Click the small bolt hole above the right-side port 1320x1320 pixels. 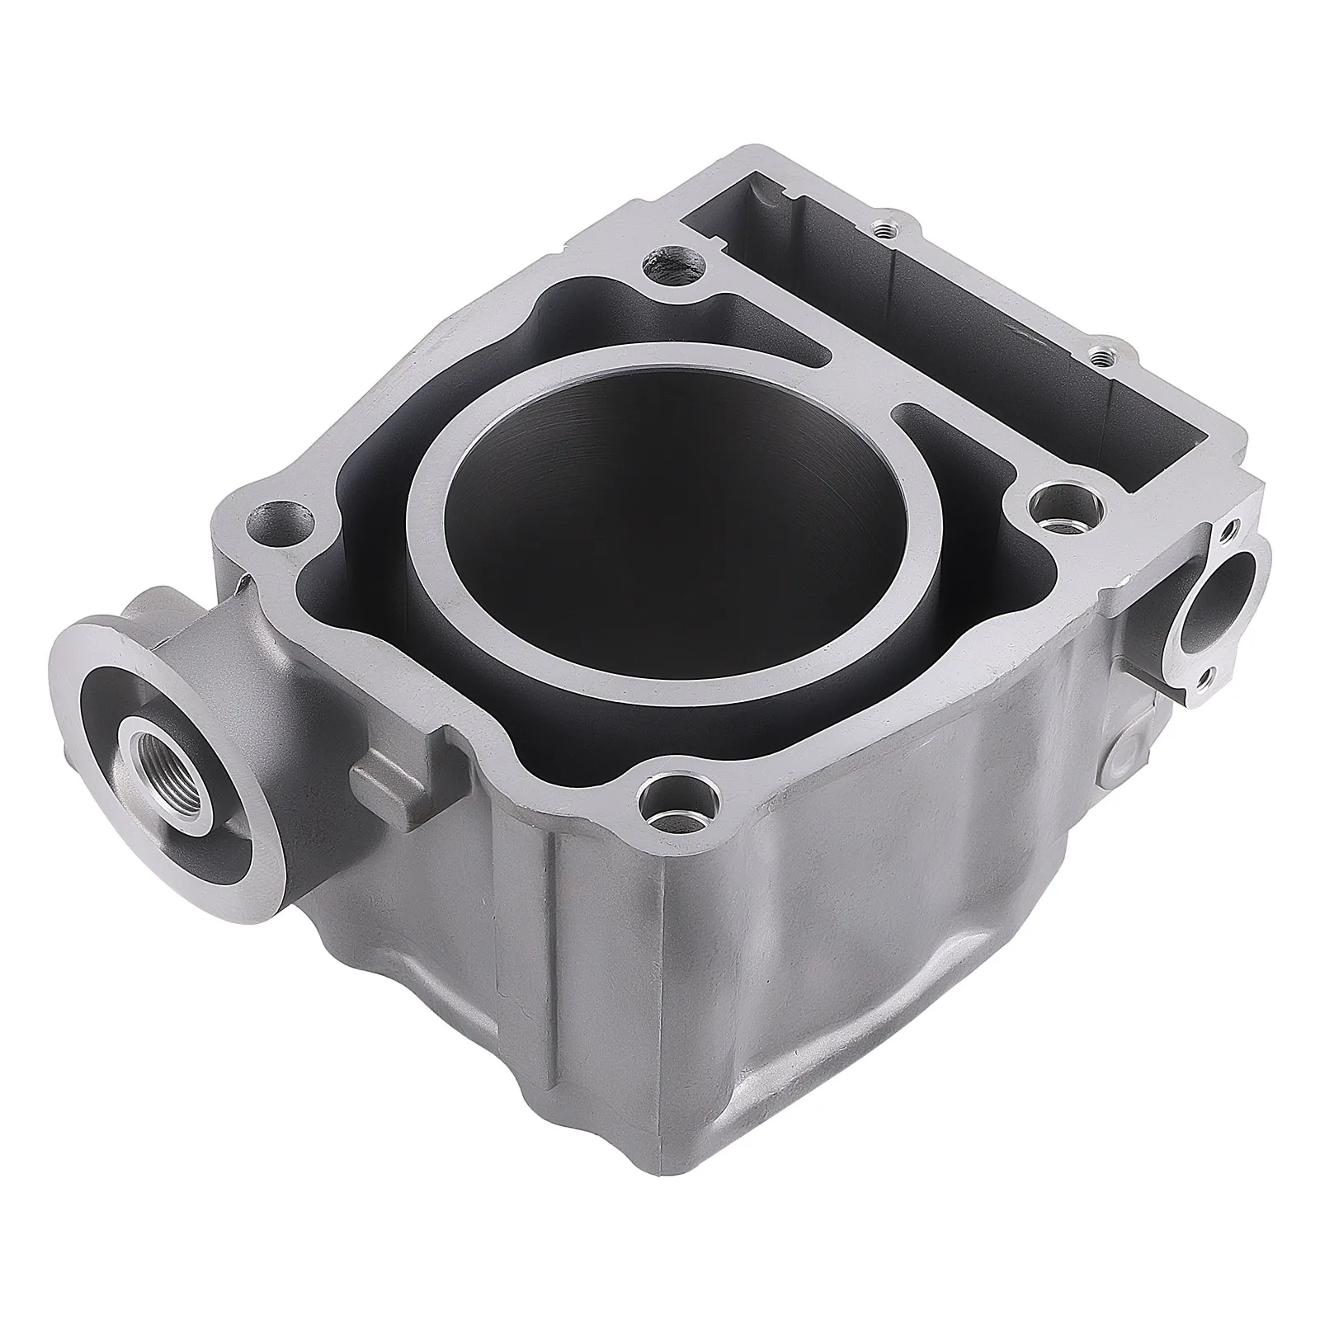point(1230,526)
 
